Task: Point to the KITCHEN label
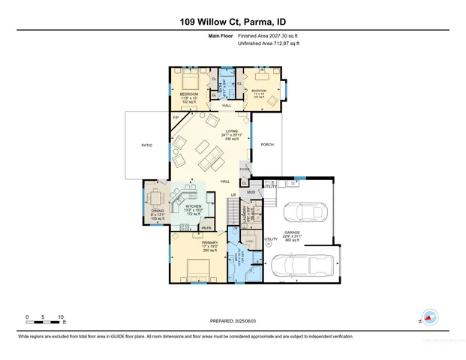tap(194, 205)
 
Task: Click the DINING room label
tap(158, 212)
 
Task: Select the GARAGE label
tap(291, 233)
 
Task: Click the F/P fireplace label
tap(176, 118)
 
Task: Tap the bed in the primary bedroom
tap(200, 269)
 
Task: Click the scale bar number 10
tap(61, 316)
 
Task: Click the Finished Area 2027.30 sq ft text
tap(269, 36)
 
